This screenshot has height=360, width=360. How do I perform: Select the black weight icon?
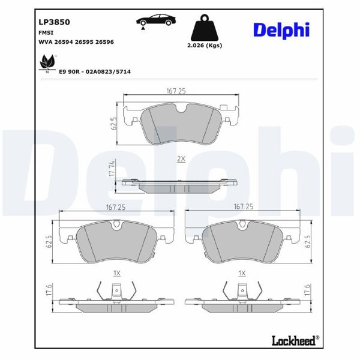204,28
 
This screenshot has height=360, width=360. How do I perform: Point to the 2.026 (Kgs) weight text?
204,47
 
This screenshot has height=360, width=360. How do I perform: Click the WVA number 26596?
104,42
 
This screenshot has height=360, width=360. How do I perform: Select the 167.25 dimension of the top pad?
175,91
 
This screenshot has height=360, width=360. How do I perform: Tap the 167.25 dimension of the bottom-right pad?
243,206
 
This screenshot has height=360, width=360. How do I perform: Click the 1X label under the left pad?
117,272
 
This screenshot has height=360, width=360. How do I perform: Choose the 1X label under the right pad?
242,272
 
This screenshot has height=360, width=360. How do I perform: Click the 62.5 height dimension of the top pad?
113,124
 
